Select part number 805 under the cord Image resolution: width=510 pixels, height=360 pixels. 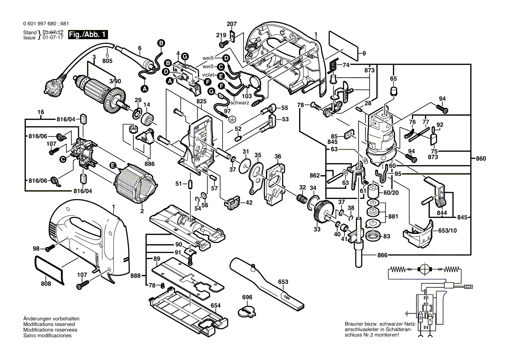tap(107, 61)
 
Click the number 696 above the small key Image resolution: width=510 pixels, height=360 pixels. tap(247, 298)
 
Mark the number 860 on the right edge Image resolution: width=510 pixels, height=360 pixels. tap(480, 158)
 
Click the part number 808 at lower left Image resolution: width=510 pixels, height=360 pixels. tap(46, 284)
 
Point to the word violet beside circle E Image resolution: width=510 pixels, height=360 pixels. tap(209, 75)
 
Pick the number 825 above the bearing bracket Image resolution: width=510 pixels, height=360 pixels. tap(201, 101)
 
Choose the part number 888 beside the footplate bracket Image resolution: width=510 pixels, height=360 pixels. tap(135, 275)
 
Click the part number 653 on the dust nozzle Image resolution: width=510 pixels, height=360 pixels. tap(283, 281)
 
